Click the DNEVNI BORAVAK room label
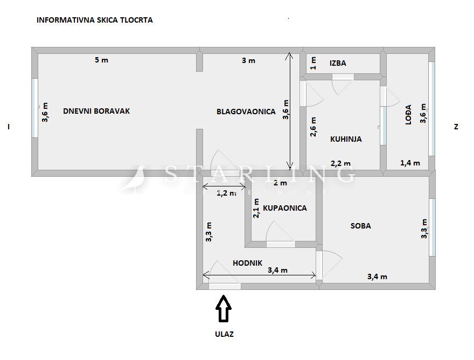(96, 111)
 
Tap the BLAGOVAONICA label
(246, 112)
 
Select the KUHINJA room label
(346, 139)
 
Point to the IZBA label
(338, 63)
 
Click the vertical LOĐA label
(408, 114)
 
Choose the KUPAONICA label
(285, 208)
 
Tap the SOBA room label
(361, 226)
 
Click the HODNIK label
(247, 263)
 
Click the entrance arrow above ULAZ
(224, 309)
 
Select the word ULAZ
(224, 334)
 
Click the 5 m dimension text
(101, 60)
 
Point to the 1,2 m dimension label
(226, 193)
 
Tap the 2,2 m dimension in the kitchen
(340, 164)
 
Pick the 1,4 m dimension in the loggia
(410, 163)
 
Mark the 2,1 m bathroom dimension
(256, 208)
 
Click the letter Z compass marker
(456, 127)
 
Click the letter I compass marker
(9, 127)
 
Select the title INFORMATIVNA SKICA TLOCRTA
(95, 20)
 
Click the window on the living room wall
(35, 108)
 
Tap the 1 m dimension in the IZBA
(313, 63)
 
